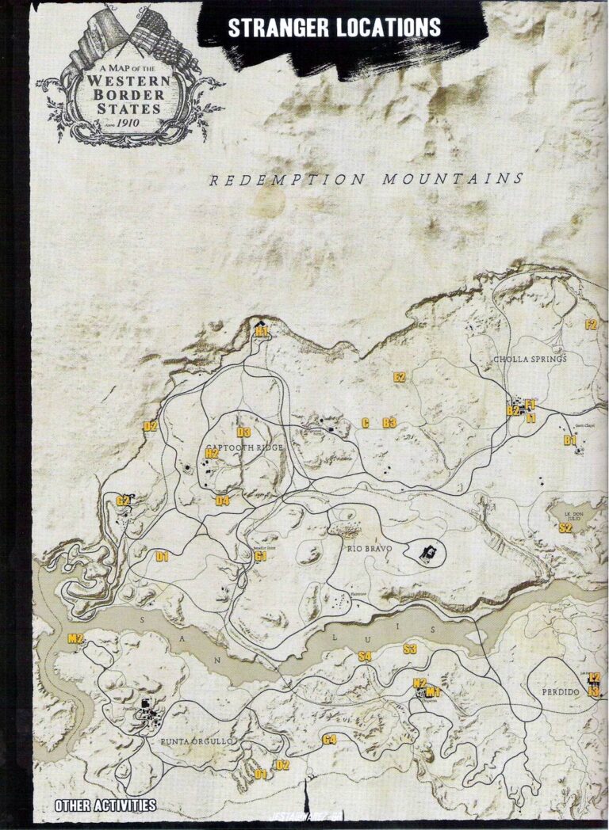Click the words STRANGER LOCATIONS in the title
coord(334,28)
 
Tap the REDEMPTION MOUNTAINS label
coord(366,180)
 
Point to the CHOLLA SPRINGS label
coord(530,359)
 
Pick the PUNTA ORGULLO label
coord(196,741)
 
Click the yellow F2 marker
coord(590,324)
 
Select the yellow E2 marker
coord(400,378)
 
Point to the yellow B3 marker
coord(389,423)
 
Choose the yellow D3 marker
coord(243,432)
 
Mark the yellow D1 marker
coord(163,557)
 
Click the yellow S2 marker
coord(565,527)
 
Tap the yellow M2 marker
coord(76,638)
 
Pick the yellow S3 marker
coord(410,649)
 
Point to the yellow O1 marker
coord(261,773)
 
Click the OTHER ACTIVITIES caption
coord(105,806)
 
